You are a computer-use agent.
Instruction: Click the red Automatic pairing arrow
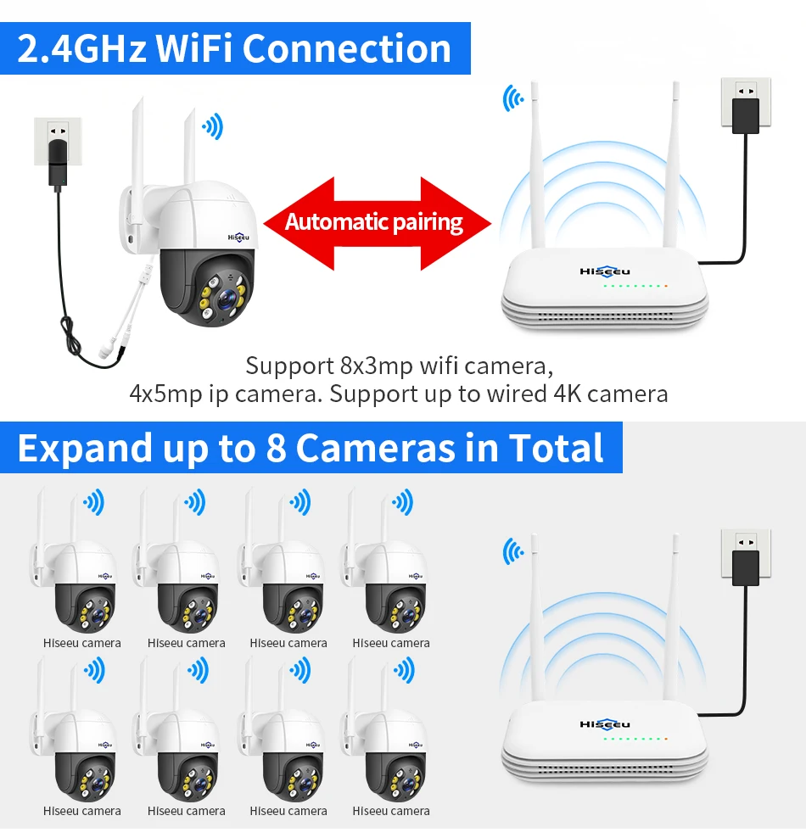377,223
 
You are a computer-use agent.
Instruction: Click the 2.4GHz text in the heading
81,48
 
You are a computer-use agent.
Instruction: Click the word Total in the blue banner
556,448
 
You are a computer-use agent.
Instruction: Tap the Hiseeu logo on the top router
605,271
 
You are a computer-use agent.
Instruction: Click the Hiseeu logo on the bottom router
605,723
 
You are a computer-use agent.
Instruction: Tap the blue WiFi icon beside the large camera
212,128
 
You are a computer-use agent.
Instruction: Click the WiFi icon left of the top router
512,98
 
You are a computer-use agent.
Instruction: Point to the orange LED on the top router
667,286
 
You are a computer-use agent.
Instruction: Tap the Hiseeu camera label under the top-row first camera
82,643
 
